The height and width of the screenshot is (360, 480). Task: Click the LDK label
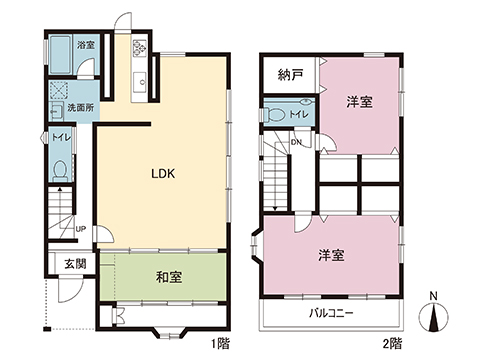(163, 172)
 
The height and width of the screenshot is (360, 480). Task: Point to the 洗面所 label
(80, 108)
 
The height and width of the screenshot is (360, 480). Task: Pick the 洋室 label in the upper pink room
(360, 102)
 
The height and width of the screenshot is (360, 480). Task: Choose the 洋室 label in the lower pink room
(330, 255)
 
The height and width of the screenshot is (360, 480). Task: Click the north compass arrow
(433, 318)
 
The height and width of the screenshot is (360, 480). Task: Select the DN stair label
(296, 142)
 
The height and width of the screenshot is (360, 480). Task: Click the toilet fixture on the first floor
(59, 170)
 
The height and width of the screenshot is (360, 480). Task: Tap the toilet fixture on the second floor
(275, 115)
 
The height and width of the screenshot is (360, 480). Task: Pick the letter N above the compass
(432, 296)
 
